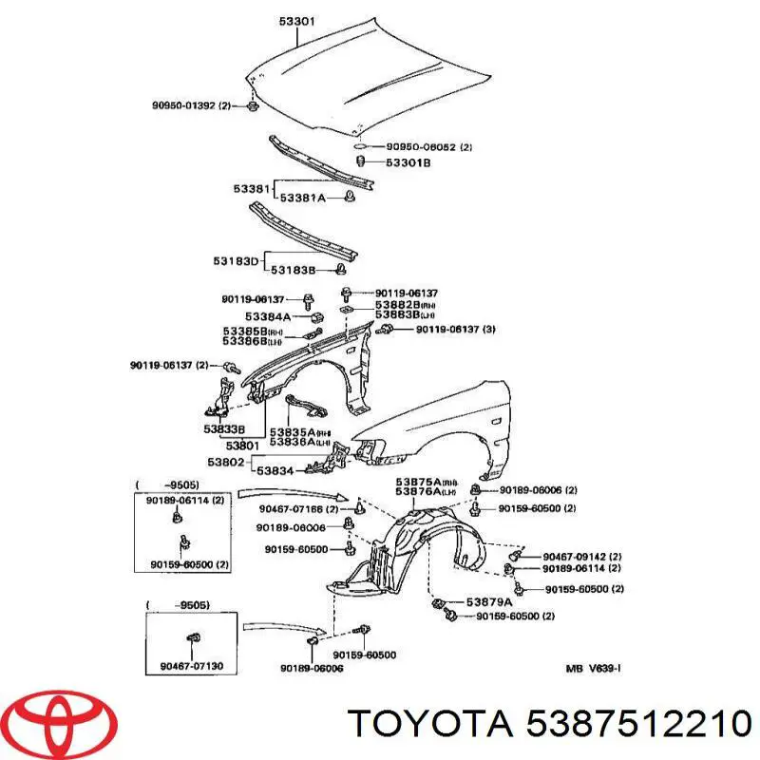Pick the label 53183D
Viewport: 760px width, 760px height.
click(235, 259)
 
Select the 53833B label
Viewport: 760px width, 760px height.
click(223, 428)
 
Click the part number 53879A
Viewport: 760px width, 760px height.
click(488, 602)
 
